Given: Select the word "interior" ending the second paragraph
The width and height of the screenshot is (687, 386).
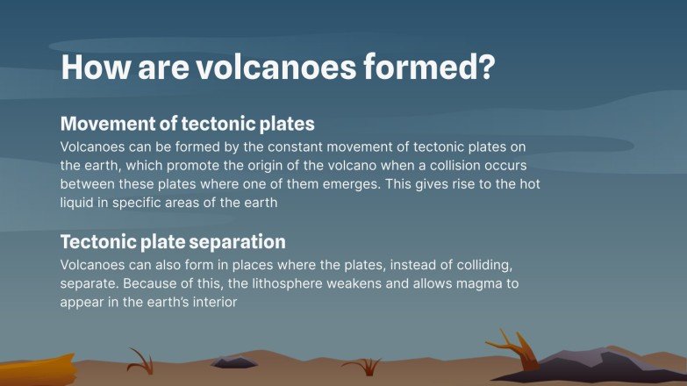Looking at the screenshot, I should click(213, 302).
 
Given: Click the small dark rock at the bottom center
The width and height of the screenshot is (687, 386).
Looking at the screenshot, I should click(234, 362).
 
